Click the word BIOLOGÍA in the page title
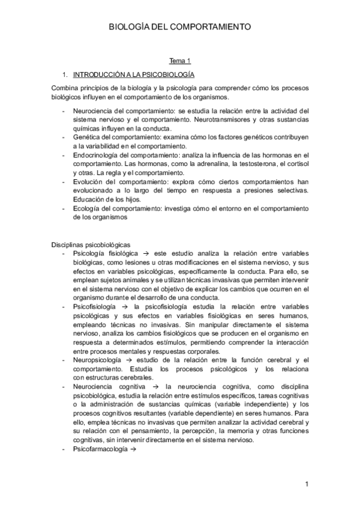click(130, 27)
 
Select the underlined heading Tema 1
click(180, 61)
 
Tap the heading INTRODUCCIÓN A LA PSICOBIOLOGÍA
click(133, 75)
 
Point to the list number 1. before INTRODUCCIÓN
click(65, 75)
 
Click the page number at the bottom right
click(306, 484)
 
